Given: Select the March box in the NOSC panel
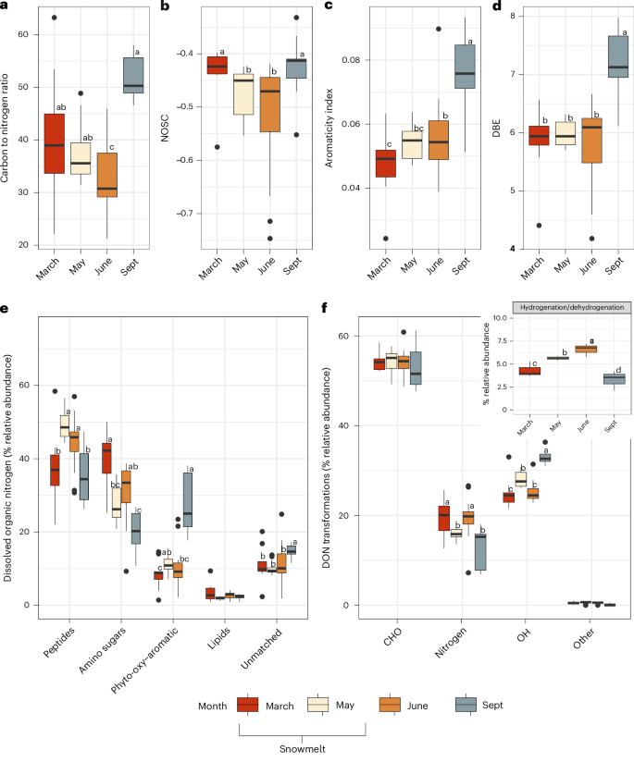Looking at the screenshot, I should click(x=218, y=65).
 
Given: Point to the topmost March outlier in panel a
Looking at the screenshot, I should click(x=55, y=18).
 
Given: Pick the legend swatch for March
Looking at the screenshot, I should click(x=247, y=705).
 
